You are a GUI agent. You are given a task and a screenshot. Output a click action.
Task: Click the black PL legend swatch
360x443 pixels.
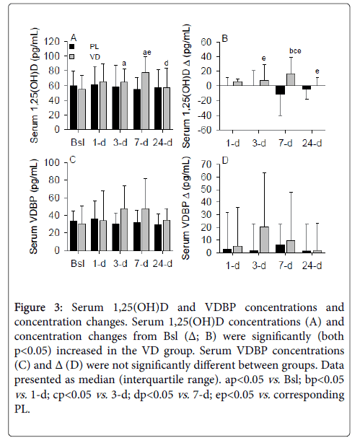(x=71, y=47)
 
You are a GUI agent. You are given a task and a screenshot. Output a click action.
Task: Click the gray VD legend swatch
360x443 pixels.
(x=71, y=56)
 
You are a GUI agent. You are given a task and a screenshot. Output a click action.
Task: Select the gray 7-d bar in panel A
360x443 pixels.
(x=145, y=101)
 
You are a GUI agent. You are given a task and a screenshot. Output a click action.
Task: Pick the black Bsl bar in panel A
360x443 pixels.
(x=74, y=108)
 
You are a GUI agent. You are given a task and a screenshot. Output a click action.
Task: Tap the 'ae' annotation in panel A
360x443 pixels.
(x=147, y=53)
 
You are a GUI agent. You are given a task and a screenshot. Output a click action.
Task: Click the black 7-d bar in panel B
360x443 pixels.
(x=281, y=90)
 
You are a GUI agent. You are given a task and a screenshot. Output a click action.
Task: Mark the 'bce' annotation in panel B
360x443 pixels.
(x=295, y=51)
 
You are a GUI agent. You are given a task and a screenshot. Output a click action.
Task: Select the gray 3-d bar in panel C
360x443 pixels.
(x=124, y=229)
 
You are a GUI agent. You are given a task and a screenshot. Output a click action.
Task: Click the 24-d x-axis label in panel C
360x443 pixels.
(x=163, y=263)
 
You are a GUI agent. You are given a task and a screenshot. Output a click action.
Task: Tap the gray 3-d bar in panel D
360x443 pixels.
(x=265, y=240)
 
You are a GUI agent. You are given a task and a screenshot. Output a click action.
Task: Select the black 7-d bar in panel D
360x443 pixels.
(x=281, y=249)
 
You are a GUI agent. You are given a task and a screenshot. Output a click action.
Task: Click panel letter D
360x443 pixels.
(x=225, y=161)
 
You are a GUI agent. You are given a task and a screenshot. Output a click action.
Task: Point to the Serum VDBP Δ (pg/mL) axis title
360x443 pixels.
(x=186, y=209)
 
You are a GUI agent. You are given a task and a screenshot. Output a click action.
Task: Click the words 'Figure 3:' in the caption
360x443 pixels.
(x=38, y=307)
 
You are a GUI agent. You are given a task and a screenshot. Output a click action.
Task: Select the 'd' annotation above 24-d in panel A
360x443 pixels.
(x=167, y=63)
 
